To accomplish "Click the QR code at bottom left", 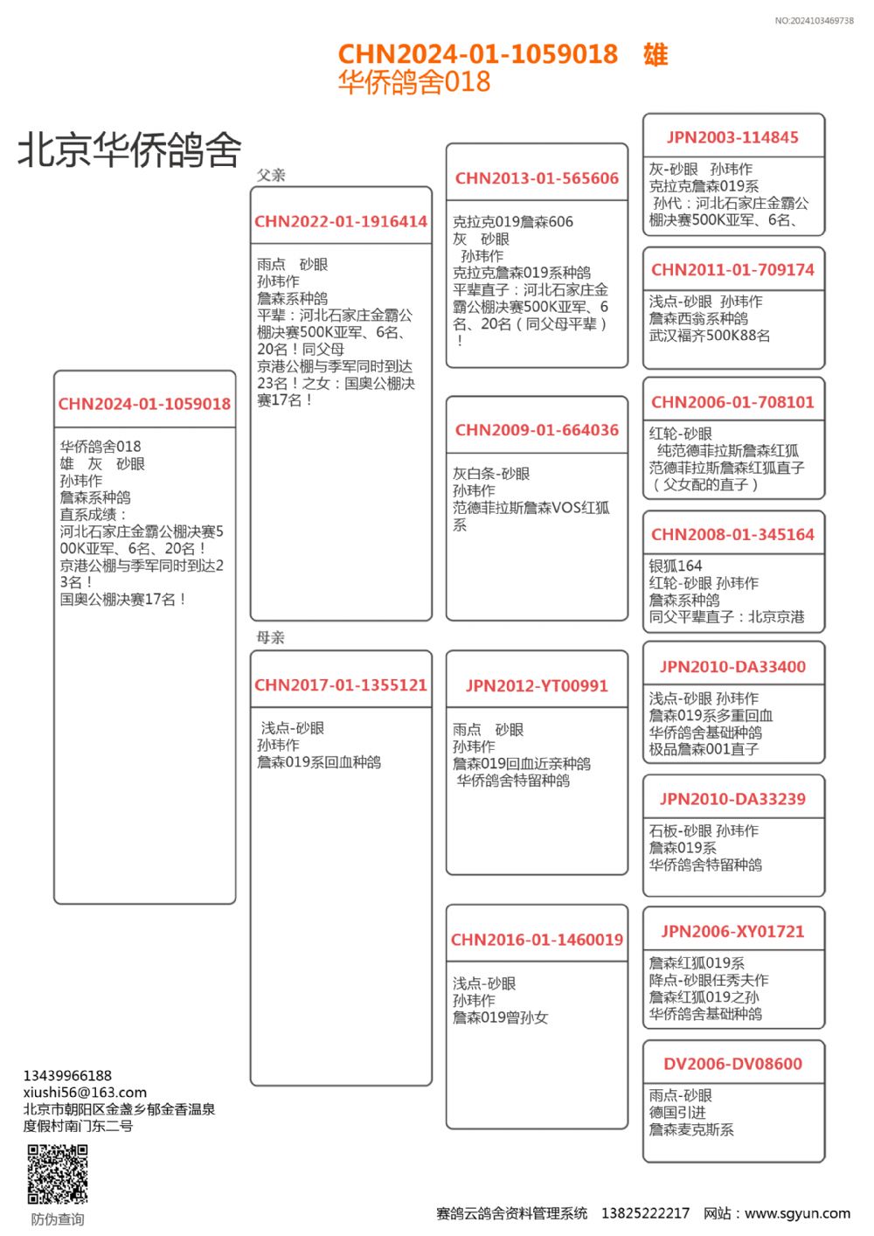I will (58, 1174).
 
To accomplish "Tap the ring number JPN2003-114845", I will (732, 137).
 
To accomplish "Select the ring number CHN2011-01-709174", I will (732, 270).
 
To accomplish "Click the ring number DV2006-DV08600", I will (732, 1064).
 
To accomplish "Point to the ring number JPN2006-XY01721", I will (732, 932).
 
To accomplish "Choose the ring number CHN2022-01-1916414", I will (341, 222).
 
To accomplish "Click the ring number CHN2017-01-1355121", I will (341, 685).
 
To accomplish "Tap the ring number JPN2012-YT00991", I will (537, 686).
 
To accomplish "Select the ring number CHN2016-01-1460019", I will (537, 940).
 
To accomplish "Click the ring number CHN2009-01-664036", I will (537, 430).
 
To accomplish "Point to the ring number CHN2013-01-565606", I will (537, 178).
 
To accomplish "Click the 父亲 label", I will (271, 175).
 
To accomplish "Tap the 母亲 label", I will (271, 637).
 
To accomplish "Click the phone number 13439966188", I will (67, 1075).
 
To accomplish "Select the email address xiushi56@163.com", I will (85, 1092).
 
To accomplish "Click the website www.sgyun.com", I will (797, 1213).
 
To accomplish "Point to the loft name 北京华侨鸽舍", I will (129, 149).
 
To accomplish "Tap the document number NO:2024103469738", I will (814, 20).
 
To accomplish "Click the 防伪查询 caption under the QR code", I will (58, 1219).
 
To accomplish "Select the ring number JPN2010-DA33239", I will (732, 799).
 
